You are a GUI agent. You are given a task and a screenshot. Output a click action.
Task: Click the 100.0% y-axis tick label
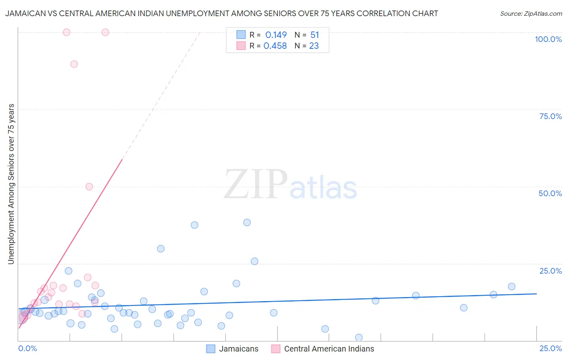click(x=548, y=39)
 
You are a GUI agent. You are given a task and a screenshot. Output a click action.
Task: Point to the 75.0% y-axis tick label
click(x=550, y=116)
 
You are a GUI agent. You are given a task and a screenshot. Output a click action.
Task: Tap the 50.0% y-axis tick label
click(x=550, y=193)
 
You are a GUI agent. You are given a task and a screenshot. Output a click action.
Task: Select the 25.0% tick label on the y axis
click(x=550, y=271)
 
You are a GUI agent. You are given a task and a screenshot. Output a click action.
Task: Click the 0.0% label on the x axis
click(x=27, y=348)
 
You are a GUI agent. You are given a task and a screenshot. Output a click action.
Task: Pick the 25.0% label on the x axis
click(x=550, y=348)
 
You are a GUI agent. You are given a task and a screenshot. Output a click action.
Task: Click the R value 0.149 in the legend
click(x=276, y=35)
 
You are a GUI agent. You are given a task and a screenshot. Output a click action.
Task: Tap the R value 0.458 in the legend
click(x=275, y=46)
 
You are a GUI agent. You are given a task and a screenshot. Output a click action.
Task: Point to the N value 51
click(x=315, y=35)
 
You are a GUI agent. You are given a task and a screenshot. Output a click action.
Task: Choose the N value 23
click(x=314, y=46)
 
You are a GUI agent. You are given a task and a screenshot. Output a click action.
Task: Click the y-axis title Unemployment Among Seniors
click(x=11, y=184)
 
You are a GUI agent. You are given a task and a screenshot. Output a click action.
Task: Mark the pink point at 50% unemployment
click(x=89, y=186)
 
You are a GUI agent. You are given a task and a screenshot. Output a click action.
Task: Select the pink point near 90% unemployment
click(x=74, y=64)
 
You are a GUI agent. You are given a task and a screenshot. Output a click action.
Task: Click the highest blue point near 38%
click(x=247, y=222)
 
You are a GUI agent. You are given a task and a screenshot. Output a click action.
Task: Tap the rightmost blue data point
click(x=511, y=287)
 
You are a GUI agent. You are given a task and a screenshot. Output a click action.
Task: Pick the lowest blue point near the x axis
click(x=359, y=337)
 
